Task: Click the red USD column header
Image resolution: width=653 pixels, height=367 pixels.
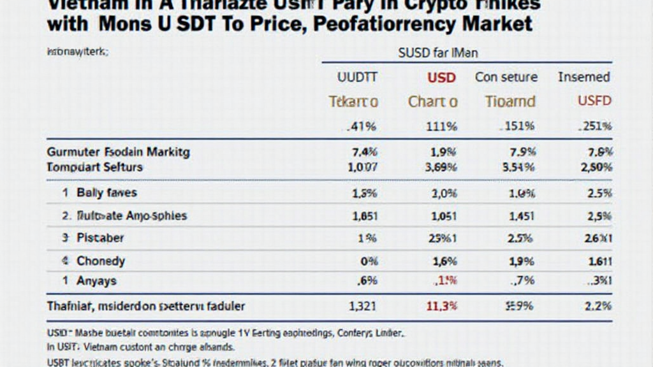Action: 441,77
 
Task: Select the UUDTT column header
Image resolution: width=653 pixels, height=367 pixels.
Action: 356,77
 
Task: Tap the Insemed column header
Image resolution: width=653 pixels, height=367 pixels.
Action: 583,77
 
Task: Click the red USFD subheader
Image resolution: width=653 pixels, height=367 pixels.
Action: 594,101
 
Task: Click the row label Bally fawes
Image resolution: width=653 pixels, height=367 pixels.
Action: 106,192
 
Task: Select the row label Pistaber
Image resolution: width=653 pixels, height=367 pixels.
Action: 100,238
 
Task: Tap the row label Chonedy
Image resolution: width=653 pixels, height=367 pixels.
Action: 101,261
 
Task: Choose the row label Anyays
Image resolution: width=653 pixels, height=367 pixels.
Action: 96,280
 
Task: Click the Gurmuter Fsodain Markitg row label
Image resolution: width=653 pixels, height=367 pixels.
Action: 119,152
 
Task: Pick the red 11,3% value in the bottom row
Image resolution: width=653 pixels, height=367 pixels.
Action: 441,306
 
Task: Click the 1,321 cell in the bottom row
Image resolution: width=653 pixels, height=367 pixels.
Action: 363,306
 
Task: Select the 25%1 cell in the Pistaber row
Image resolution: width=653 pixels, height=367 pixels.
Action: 441,238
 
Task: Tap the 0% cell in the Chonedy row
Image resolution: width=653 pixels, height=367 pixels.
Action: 369,261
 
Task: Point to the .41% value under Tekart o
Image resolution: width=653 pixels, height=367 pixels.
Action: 361,126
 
